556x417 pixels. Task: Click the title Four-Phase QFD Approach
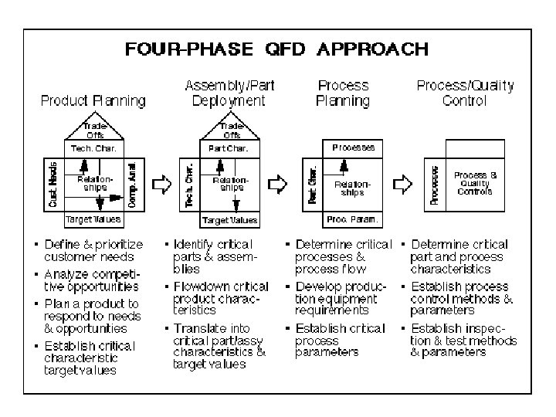[276, 50]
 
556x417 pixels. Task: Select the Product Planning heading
[93, 100]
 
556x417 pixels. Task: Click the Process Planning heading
[343, 93]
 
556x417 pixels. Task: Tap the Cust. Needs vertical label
[53, 184]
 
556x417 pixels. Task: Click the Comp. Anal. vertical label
[132, 184]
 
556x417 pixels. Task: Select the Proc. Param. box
[354, 219]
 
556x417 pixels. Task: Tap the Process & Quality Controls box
[475, 184]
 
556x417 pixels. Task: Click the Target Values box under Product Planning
[93, 219]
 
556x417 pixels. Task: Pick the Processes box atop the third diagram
[353, 147]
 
